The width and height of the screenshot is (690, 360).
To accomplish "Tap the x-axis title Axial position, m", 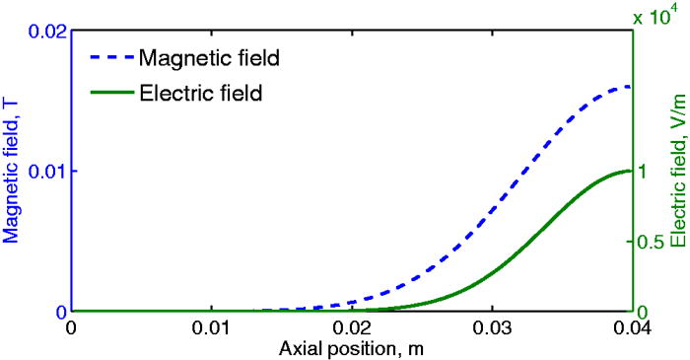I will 351,349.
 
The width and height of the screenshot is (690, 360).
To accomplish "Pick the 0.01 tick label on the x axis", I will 211,329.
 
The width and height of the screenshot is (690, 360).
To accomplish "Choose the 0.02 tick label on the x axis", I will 351,329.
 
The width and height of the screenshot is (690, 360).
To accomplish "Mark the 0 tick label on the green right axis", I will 641,312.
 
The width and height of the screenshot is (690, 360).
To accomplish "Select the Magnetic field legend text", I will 210,57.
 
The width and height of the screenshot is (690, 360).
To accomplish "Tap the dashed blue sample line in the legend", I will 110,57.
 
